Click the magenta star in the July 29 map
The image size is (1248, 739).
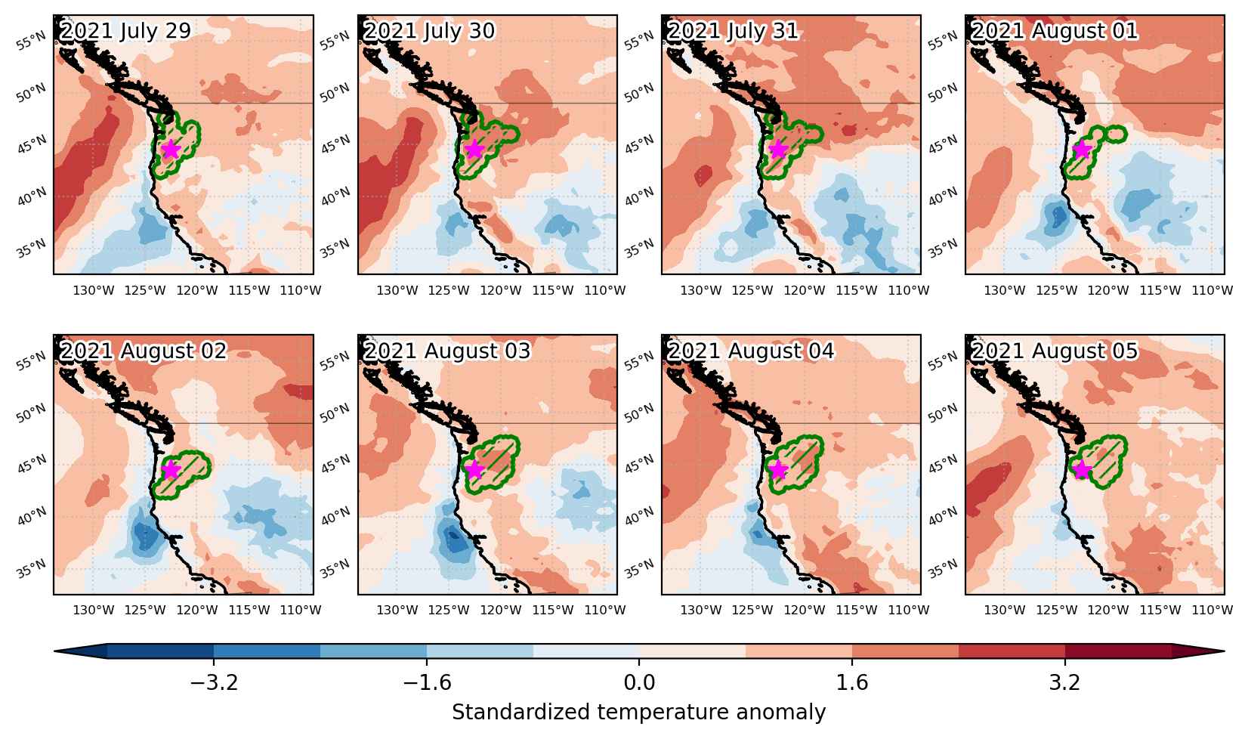(x=171, y=149)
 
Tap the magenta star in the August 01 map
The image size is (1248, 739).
(x=1082, y=149)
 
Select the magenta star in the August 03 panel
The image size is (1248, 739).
(x=474, y=469)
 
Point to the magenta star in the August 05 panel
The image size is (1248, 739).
(x=1082, y=469)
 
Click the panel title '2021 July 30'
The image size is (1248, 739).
(x=429, y=31)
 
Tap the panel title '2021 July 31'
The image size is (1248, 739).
(x=733, y=31)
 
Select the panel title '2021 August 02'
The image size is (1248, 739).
(x=144, y=351)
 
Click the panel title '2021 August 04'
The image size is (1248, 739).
(x=751, y=351)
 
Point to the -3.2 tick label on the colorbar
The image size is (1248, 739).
(x=214, y=682)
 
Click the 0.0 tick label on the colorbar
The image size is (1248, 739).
(x=639, y=682)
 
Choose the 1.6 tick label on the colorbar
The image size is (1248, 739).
(x=852, y=682)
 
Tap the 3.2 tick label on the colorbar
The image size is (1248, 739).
(x=1064, y=682)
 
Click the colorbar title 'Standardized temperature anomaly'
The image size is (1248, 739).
(x=639, y=713)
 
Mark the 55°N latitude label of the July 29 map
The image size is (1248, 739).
(x=31, y=42)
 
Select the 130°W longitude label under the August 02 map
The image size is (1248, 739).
(x=93, y=610)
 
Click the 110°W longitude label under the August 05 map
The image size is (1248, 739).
(x=1212, y=610)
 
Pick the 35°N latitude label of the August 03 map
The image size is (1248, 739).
(x=335, y=569)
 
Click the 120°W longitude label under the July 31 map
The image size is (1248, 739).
(x=805, y=290)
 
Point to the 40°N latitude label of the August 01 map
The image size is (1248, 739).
(x=943, y=196)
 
